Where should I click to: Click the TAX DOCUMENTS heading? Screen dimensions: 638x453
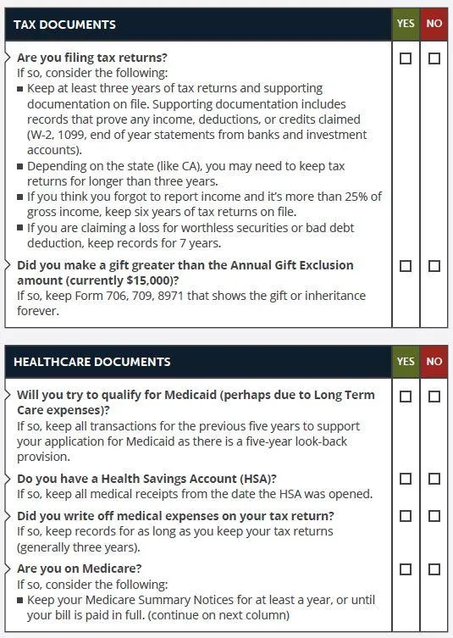click(64, 25)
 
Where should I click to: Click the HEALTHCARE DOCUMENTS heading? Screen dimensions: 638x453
click(91, 362)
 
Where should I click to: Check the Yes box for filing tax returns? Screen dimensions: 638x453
click(406, 59)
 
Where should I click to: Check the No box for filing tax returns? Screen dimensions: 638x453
click(434, 59)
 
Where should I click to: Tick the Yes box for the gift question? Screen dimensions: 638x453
click(406, 266)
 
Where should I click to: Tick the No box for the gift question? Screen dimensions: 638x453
click(434, 266)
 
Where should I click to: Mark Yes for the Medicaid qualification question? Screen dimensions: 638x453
click(406, 397)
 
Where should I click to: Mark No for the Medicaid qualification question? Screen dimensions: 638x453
click(434, 397)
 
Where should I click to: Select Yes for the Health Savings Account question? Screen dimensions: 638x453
click(406, 479)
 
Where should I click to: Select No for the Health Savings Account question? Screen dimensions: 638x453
click(434, 479)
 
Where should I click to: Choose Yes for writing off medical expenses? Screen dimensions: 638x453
click(406, 516)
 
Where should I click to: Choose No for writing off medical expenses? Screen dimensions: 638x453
click(434, 516)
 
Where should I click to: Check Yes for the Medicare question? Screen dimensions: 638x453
click(406, 569)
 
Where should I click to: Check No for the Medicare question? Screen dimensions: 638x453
click(434, 569)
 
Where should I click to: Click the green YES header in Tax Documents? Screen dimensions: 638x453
click(406, 24)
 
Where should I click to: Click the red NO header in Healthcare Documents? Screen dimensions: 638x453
click(434, 362)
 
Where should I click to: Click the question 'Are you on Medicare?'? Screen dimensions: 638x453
click(79, 569)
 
